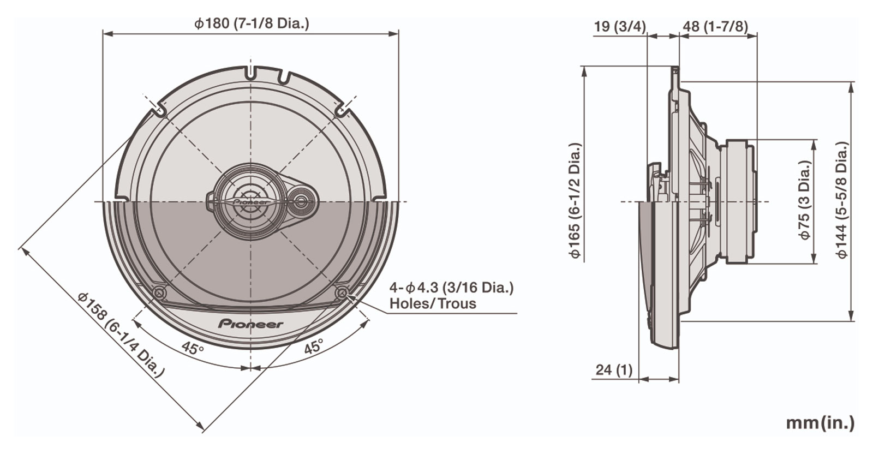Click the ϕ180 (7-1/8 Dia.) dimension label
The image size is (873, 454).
click(252, 23)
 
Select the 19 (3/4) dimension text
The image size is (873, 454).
click(620, 27)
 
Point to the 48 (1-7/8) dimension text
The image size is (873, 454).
click(715, 27)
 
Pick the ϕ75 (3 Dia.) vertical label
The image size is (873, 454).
click(804, 200)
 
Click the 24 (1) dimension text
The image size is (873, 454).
click(614, 369)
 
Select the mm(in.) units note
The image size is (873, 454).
click(820, 423)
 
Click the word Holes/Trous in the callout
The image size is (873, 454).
click(433, 303)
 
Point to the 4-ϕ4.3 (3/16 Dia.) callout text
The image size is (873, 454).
click(451, 288)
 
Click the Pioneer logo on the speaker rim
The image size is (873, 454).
click(250, 324)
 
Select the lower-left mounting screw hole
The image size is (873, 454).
click(159, 292)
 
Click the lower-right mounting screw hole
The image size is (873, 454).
click(342, 292)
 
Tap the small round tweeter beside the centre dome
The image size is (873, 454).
click(300, 201)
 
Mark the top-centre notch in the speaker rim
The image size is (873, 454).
click(250, 73)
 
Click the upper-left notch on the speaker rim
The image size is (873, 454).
click(159, 110)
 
